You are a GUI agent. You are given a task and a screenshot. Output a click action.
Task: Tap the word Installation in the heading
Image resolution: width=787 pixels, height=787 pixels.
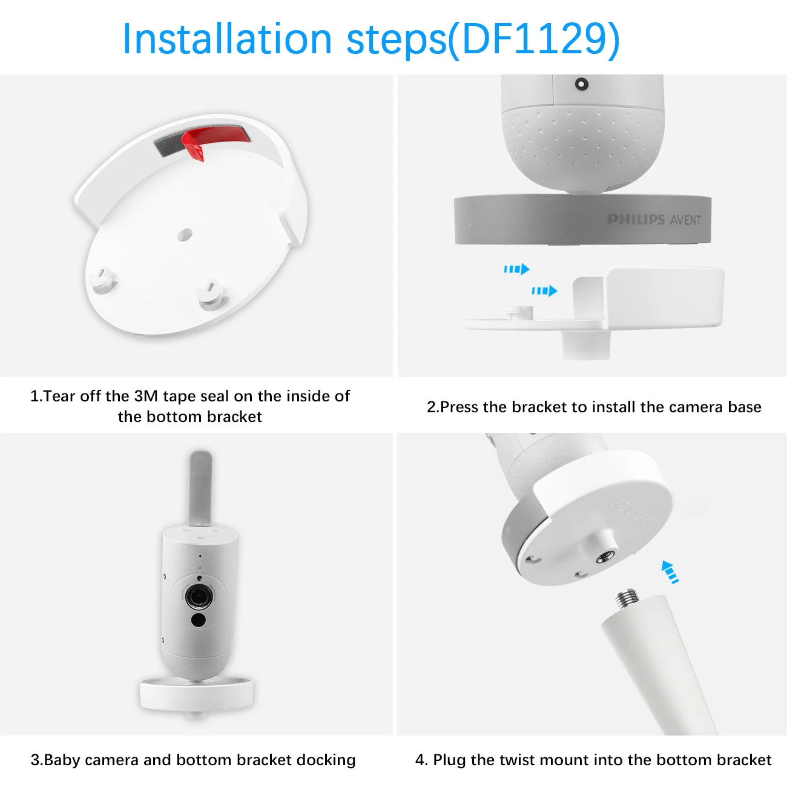[227, 39]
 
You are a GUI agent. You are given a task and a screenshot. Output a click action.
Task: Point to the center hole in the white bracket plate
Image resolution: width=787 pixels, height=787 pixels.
[185, 234]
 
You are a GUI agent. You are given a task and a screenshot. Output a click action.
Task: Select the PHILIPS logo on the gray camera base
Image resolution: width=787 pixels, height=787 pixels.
[636, 219]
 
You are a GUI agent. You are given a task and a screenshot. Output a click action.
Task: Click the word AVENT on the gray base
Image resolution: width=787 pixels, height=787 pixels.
[686, 220]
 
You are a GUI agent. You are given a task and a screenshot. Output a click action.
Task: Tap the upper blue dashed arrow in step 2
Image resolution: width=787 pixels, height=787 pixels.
[516, 269]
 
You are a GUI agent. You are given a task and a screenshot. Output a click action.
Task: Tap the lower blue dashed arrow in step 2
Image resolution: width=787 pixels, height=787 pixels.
[544, 291]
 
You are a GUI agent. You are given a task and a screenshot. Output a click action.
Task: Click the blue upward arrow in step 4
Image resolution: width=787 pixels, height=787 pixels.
[670, 571]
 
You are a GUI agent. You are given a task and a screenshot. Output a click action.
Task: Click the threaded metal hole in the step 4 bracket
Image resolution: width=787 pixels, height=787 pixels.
[604, 556]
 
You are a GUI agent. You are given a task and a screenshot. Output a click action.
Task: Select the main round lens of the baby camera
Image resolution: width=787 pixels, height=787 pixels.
[199, 596]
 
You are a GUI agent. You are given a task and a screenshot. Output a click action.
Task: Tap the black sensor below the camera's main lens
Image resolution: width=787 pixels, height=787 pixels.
[199, 620]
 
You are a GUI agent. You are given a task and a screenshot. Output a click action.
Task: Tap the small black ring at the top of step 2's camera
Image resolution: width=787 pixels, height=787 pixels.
[581, 84]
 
